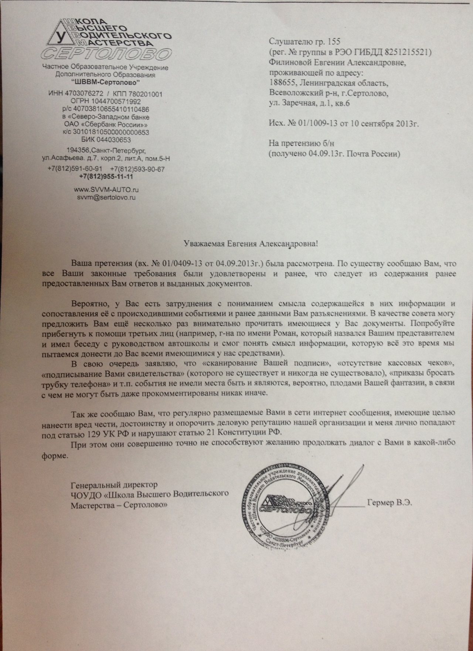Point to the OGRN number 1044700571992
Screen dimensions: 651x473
point(119,101)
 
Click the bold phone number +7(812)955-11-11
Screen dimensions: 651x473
point(106,177)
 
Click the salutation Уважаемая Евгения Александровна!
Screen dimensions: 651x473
point(251,244)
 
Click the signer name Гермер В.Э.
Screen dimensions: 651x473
point(389,503)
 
